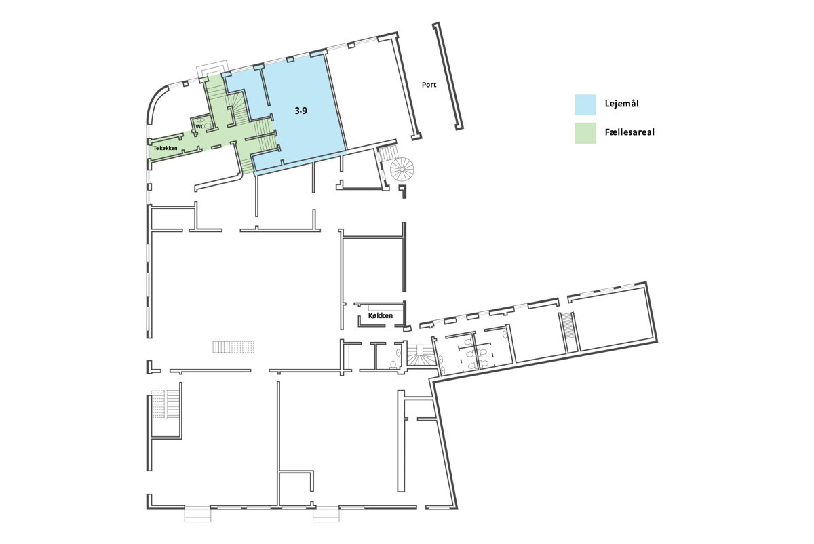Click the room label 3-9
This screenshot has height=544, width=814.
301,111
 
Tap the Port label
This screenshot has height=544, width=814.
429,85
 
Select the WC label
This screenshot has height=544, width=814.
200,126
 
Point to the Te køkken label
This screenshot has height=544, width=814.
166,148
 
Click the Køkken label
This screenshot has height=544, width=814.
381,316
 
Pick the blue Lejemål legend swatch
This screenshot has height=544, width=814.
585,104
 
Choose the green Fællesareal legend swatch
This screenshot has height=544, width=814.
585,134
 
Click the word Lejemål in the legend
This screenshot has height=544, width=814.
622,104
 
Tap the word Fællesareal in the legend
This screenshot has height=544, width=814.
629,132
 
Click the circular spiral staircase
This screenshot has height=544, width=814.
402,170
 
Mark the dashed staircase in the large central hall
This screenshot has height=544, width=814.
233,347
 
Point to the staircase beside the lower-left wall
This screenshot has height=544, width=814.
166,404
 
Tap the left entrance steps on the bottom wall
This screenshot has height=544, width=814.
197,515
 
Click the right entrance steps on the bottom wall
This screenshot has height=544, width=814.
326,515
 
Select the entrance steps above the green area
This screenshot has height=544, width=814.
212,69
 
